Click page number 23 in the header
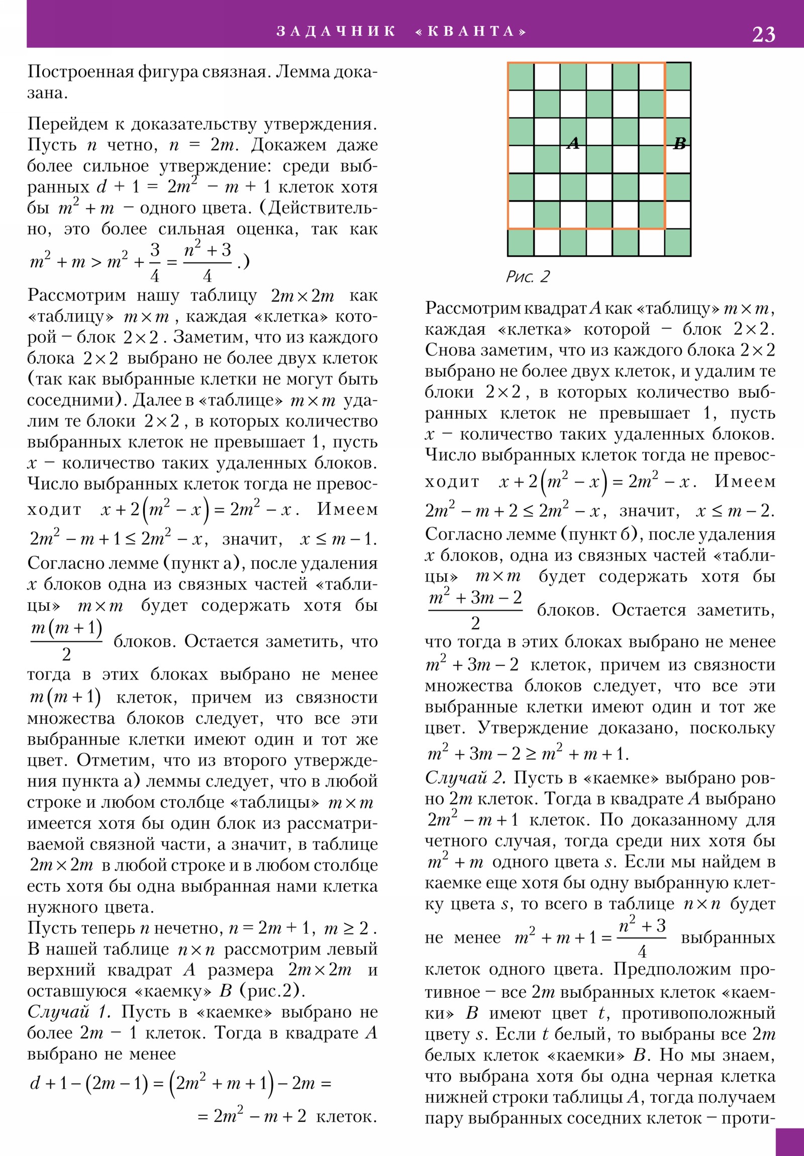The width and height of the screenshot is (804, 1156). click(x=763, y=34)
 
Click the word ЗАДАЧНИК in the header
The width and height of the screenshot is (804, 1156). click(x=336, y=31)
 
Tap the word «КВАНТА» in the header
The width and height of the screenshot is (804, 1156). click(x=470, y=31)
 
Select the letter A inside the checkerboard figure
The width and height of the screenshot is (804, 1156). click(x=573, y=143)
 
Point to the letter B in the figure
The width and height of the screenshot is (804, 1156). click(x=679, y=144)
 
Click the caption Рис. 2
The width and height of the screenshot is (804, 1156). click(x=528, y=276)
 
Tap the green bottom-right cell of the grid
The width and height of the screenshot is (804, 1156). click(x=678, y=242)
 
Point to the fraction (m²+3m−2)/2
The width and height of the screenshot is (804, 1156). click(x=475, y=610)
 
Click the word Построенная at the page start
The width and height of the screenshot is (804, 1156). click(x=80, y=72)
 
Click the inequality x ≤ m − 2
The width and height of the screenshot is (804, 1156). click(x=734, y=512)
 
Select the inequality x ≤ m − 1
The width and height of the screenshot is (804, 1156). click(x=338, y=540)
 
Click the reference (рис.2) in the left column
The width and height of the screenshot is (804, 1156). click(x=272, y=991)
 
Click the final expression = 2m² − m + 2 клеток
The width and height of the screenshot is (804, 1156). click(x=287, y=1117)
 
